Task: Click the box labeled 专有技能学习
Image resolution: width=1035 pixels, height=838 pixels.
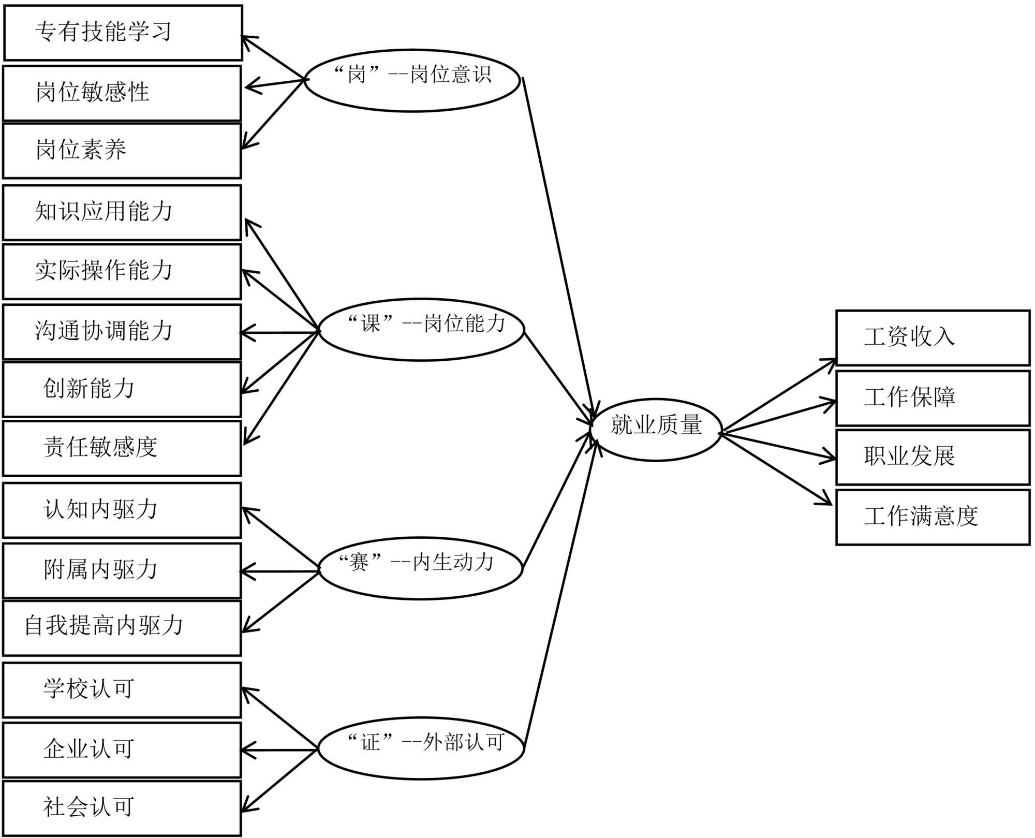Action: (123, 33)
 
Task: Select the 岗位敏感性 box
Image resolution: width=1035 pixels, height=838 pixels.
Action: (122, 93)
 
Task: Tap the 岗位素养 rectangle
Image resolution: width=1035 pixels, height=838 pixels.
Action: (122, 150)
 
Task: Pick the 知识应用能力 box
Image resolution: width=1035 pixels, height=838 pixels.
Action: (122, 212)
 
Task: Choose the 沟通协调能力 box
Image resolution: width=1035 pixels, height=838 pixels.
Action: (122, 332)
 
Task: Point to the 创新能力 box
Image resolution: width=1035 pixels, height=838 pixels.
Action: (122, 389)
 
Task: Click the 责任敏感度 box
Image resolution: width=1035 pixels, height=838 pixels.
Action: (122, 448)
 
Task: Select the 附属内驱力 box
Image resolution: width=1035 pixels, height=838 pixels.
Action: (122, 570)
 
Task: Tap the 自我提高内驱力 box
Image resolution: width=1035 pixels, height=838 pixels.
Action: (122, 627)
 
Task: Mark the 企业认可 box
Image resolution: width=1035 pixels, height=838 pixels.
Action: (122, 749)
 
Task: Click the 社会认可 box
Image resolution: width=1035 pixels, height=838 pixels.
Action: (122, 807)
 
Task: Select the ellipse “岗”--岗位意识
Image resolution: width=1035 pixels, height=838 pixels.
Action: (412, 80)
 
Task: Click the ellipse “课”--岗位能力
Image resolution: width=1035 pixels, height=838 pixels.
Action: (422, 329)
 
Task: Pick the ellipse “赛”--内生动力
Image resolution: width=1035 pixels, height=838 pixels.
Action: (420, 568)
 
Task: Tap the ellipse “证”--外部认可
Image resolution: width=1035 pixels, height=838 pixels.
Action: (421, 748)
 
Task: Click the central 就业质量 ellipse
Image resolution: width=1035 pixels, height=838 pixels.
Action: (656, 429)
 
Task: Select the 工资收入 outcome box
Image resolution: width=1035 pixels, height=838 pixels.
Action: (933, 337)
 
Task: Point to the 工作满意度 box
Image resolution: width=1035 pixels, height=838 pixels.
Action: (933, 517)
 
